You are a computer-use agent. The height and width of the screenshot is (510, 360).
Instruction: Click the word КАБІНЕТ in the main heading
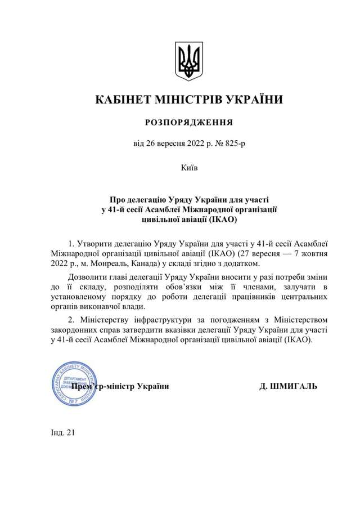point(123,100)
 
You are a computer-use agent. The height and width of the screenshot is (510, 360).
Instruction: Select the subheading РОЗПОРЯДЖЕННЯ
point(188,122)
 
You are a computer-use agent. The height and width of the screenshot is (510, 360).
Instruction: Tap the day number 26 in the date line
point(151,144)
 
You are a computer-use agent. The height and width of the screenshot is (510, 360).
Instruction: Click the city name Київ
point(189,168)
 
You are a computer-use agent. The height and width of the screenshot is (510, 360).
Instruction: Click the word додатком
point(244,263)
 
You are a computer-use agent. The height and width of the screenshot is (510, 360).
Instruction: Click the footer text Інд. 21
point(62,432)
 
